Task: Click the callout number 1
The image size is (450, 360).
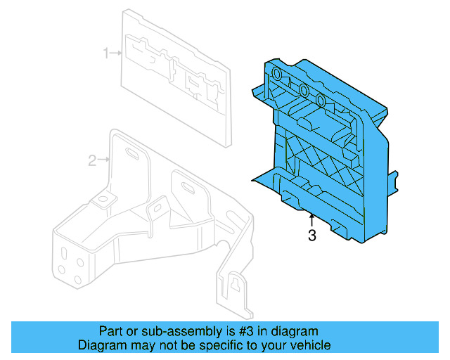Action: click(x=106, y=53)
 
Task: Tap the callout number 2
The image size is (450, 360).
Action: click(x=92, y=161)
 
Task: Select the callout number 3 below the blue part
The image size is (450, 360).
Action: click(x=312, y=236)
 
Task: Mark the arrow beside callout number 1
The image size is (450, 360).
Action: click(x=117, y=53)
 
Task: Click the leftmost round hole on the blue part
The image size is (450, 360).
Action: click(x=276, y=75)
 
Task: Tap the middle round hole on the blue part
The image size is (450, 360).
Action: click(x=303, y=90)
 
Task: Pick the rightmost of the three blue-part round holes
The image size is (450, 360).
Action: click(x=321, y=100)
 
